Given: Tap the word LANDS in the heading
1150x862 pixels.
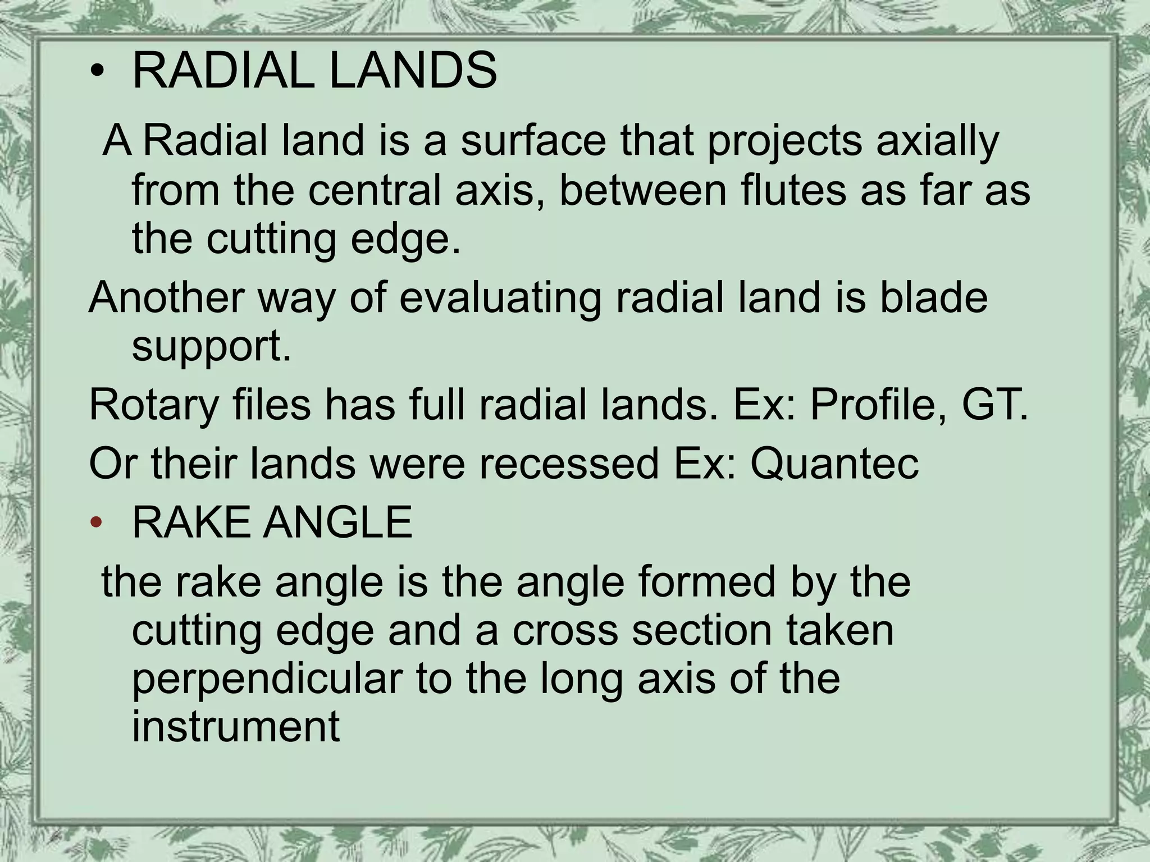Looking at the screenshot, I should pyautogui.click(x=413, y=71).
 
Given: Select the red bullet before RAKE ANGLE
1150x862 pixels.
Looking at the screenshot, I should pyautogui.click(x=97, y=523).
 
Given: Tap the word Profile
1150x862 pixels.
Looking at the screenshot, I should pyautogui.click(x=874, y=404).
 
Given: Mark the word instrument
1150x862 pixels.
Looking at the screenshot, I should pyautogui.click(x=236, y=726).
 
